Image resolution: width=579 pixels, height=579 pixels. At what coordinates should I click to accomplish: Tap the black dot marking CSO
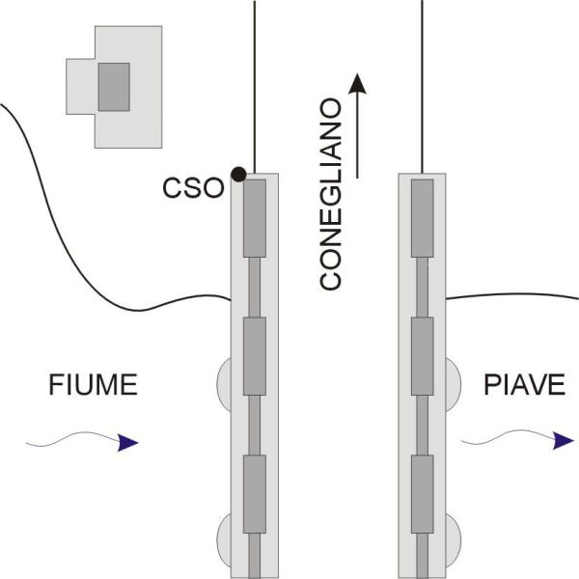[x=238, y=174]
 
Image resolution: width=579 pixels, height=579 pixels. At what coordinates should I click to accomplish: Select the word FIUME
[x=94, y=387]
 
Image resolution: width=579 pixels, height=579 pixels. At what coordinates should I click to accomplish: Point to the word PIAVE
[x=524, y=387]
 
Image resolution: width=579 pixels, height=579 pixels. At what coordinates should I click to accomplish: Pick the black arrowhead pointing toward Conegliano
[x=359, y=84]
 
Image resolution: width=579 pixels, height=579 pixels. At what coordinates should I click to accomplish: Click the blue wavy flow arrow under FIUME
[x=82, y=443]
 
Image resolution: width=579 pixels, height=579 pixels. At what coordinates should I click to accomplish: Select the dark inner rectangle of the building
[x=114, y=85]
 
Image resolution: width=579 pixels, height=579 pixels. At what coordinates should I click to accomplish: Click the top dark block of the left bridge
[x=254, y=218]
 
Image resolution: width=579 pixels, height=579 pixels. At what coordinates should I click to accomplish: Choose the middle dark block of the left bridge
[x=254, y=356]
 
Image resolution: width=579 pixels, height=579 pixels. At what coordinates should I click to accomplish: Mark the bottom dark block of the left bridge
[x=254, y=493]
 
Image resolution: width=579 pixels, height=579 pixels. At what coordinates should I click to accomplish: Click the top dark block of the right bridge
[x=423, y=218]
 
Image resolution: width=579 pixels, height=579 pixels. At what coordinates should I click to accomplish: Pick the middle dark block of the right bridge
[x=423, y=356]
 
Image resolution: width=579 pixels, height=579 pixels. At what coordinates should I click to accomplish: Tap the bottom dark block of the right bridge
[x=423, y=493]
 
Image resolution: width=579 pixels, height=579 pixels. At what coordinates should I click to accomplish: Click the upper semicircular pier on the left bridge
[x=224, y=381]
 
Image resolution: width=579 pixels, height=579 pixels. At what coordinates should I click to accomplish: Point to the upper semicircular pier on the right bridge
[x=452, y=381]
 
